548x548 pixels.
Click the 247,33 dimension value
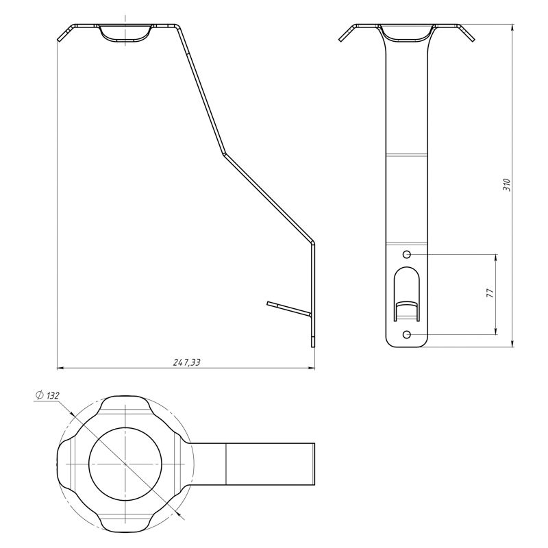point(187,362)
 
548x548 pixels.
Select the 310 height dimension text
point(507,185)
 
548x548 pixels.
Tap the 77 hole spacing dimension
point(490,293)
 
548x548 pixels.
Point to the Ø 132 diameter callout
point(47,396)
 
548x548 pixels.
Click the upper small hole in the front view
point(407,254)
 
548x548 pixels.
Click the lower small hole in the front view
point(407,335)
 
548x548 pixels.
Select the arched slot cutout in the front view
point(406,295)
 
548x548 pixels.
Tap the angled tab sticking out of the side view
point(288,308)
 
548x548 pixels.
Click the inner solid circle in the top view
point(125,464)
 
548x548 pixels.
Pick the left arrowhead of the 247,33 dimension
point(60,368)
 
